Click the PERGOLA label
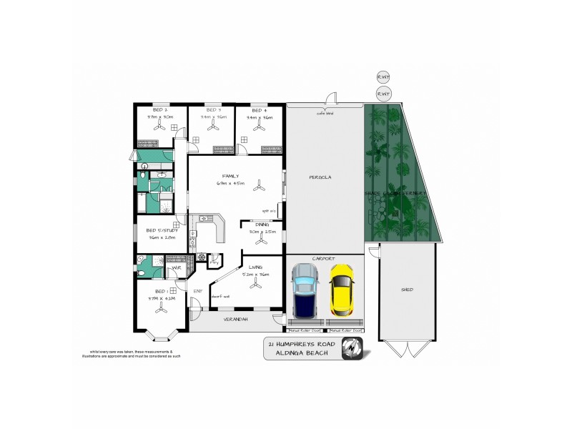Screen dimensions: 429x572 [319, 177]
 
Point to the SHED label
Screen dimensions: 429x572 [407, 290]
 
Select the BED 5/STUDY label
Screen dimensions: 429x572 [160, 231]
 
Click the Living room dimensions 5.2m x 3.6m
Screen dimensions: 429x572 [255, 275]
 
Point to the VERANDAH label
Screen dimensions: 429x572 [235, 319]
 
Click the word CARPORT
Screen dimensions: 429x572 [323, 258]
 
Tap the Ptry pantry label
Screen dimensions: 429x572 [214, 263]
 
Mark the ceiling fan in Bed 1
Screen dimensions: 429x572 [162, 310]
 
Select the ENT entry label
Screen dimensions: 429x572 [198, 292]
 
